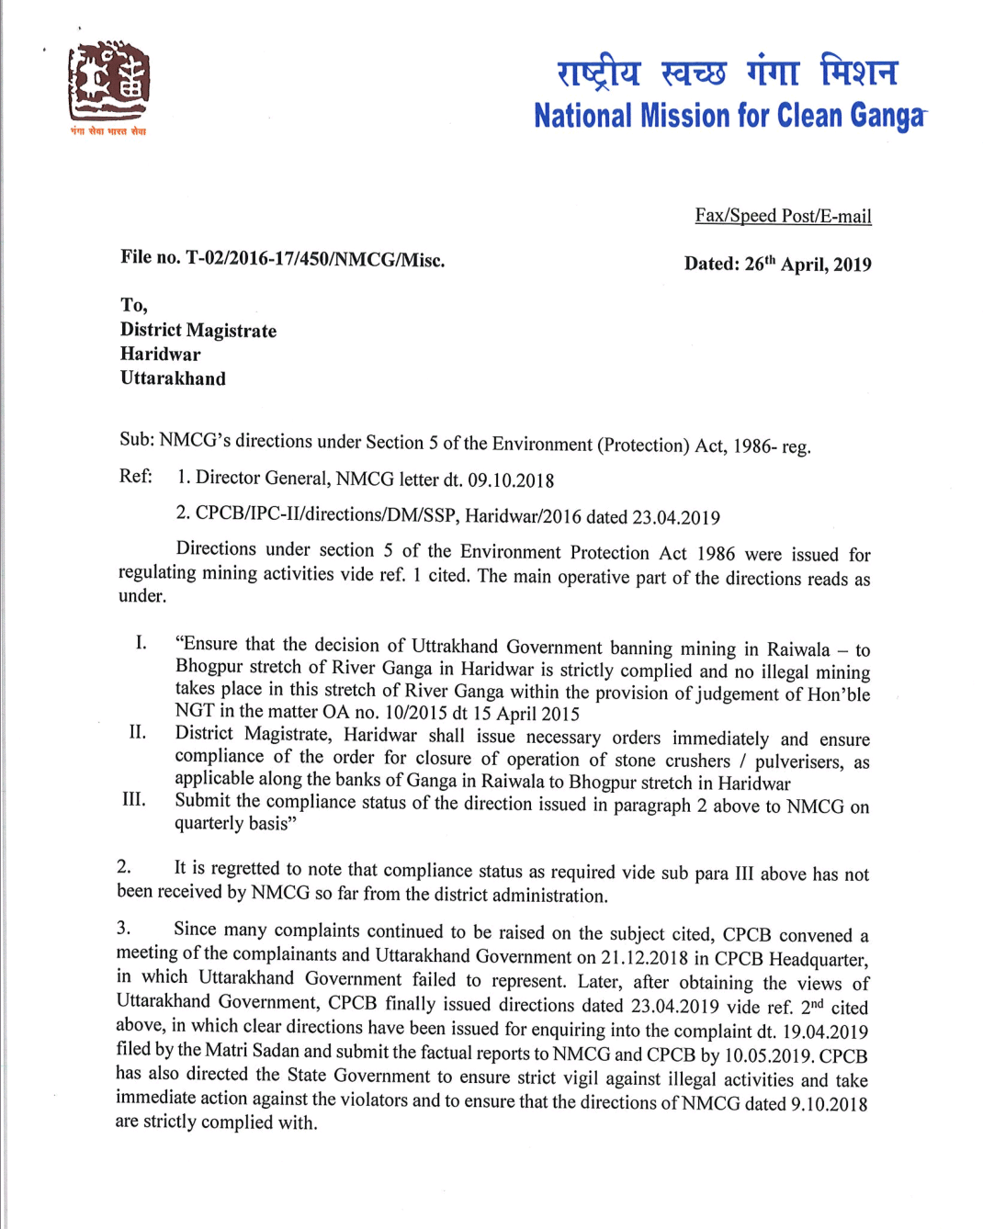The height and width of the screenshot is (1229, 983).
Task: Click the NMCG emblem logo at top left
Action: point(108,85)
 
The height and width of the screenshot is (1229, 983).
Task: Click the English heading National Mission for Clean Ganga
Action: point(729,117)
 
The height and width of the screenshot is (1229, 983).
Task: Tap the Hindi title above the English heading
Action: point(727,72)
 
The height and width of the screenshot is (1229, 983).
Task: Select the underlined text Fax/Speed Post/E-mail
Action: point(783,216)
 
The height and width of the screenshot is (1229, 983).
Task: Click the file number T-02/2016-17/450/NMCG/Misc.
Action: point(315,259)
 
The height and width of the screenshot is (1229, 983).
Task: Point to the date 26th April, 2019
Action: point(808,265)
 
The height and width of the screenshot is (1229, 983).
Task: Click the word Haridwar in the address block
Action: point(160,355)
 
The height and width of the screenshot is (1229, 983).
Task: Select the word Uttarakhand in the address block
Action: point(173,378)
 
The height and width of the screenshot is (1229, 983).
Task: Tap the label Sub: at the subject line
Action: point(137,439)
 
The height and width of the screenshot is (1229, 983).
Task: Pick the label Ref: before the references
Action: point(135,476)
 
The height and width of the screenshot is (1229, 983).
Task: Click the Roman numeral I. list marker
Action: point(141,642)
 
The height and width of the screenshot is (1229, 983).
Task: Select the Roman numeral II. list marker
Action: point(137,732)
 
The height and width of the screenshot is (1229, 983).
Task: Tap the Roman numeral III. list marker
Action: point(134,799)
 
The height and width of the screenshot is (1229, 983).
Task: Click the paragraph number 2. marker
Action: point(124,866)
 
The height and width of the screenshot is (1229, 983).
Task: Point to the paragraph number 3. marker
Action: point(123,928)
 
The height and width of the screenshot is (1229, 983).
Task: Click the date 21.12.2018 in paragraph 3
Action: point(644,958)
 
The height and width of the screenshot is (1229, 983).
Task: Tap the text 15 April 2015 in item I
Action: point(525,714)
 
